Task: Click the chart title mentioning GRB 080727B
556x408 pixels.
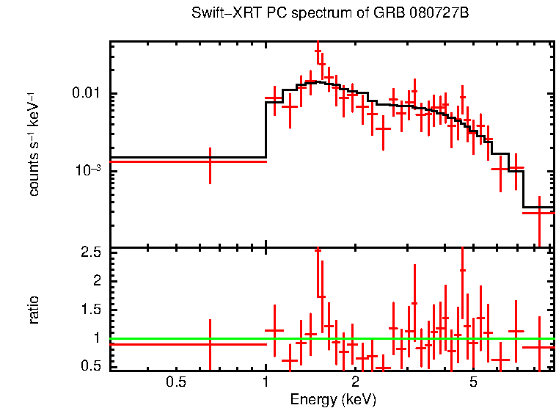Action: (x=330, y=13)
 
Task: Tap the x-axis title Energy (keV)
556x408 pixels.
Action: (x=333, y=399)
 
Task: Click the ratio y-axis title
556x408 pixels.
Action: (x=34, y=310)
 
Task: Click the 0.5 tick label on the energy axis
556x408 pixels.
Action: (x=175, y=382)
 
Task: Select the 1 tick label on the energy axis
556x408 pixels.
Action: (x=266, y=382)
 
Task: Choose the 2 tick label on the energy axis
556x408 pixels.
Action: (x=355, y=382)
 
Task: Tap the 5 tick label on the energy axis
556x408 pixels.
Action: (x=473, y=382)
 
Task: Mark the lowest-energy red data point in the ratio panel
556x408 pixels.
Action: (x=210, y=344)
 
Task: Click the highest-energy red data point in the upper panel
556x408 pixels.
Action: (x=539, y=212)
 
